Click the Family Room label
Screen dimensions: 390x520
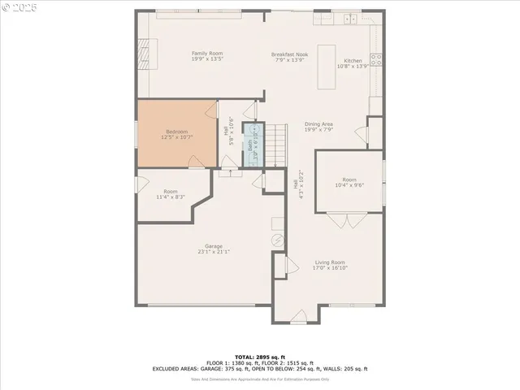pyautogui.click(x=184, y=54)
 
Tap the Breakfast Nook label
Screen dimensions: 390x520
pyautogui.click(x=289, y=54)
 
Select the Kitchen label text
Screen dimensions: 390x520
pyautogui.click(x=353, y=61)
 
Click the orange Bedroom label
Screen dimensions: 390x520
pyautogui.click(x=177, y=132)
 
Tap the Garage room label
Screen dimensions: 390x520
pyautogui.click(x=214, y=246)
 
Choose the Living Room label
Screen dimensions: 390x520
pyautogui.click(x=331, y=262)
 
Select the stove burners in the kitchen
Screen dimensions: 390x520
pyautogui.click(x=376, y=58)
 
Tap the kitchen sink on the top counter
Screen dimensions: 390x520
pyautogui.click(x=351, y=19)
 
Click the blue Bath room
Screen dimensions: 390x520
pyautogui.click(x=253, y=145)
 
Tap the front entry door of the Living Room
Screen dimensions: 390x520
pyautogui.click(x=298, y=314)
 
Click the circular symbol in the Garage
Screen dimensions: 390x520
pyautogui.click(x=276, y=240)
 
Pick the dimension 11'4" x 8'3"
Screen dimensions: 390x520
pyautogui.click(x=171, y=197)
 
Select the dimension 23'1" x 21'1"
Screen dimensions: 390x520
pyautogui.click(x=214, y=252)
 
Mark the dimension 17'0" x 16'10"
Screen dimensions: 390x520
pyautogui.click(x=331, y=268)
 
